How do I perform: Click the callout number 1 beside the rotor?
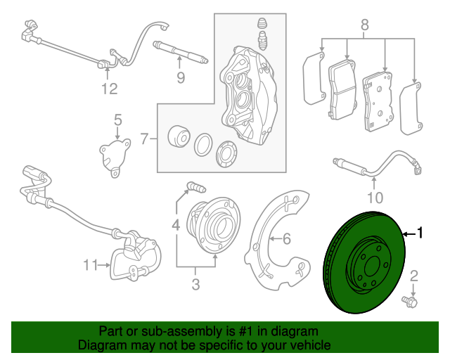click(x=420, y=233)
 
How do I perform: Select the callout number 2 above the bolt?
click(x=414, y=275)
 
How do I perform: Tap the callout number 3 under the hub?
click(x=195, y=284)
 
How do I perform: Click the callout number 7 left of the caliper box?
click(x=143, y=139)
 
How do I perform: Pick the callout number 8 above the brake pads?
click(x=364, y=27)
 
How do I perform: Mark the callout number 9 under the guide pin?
click(x=180, y=78)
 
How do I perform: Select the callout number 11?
click(x=89, y=265)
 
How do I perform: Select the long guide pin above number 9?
click(x=179, y=52)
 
